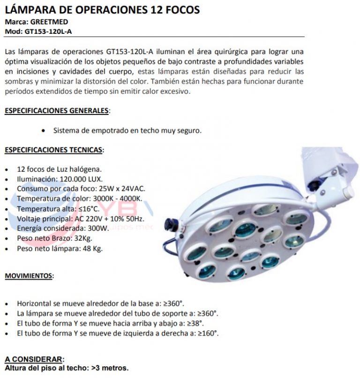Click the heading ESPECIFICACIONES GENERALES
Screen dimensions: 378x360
pos(56,111)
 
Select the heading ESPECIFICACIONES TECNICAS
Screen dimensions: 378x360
pos(54,150)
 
